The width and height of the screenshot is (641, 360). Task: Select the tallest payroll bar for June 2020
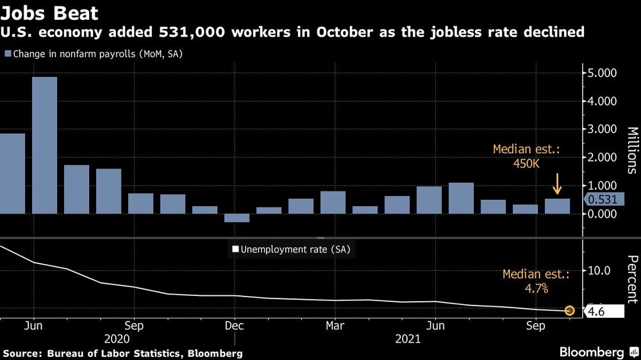tap(44, 145)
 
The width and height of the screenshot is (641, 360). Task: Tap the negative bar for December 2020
tap(237, 218)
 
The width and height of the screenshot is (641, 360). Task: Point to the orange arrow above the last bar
tap(557, 184)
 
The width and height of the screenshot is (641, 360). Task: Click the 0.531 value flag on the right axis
tap(603, 200)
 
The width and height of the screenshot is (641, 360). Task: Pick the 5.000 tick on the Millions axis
tap(602, 73)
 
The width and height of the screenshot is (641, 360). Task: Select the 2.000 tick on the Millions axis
tap(602, 158)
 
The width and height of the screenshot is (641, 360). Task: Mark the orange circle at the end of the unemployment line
tap(569, 311)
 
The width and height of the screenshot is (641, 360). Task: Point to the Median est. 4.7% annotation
tap(536, 281)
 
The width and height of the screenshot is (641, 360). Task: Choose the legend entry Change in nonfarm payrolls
tap(94, 54)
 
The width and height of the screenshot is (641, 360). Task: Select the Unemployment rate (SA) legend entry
tap(291, 250)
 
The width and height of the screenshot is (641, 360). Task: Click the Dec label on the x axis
tap(234, 325)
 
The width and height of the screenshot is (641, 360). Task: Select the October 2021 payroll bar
tap(557, 206)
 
